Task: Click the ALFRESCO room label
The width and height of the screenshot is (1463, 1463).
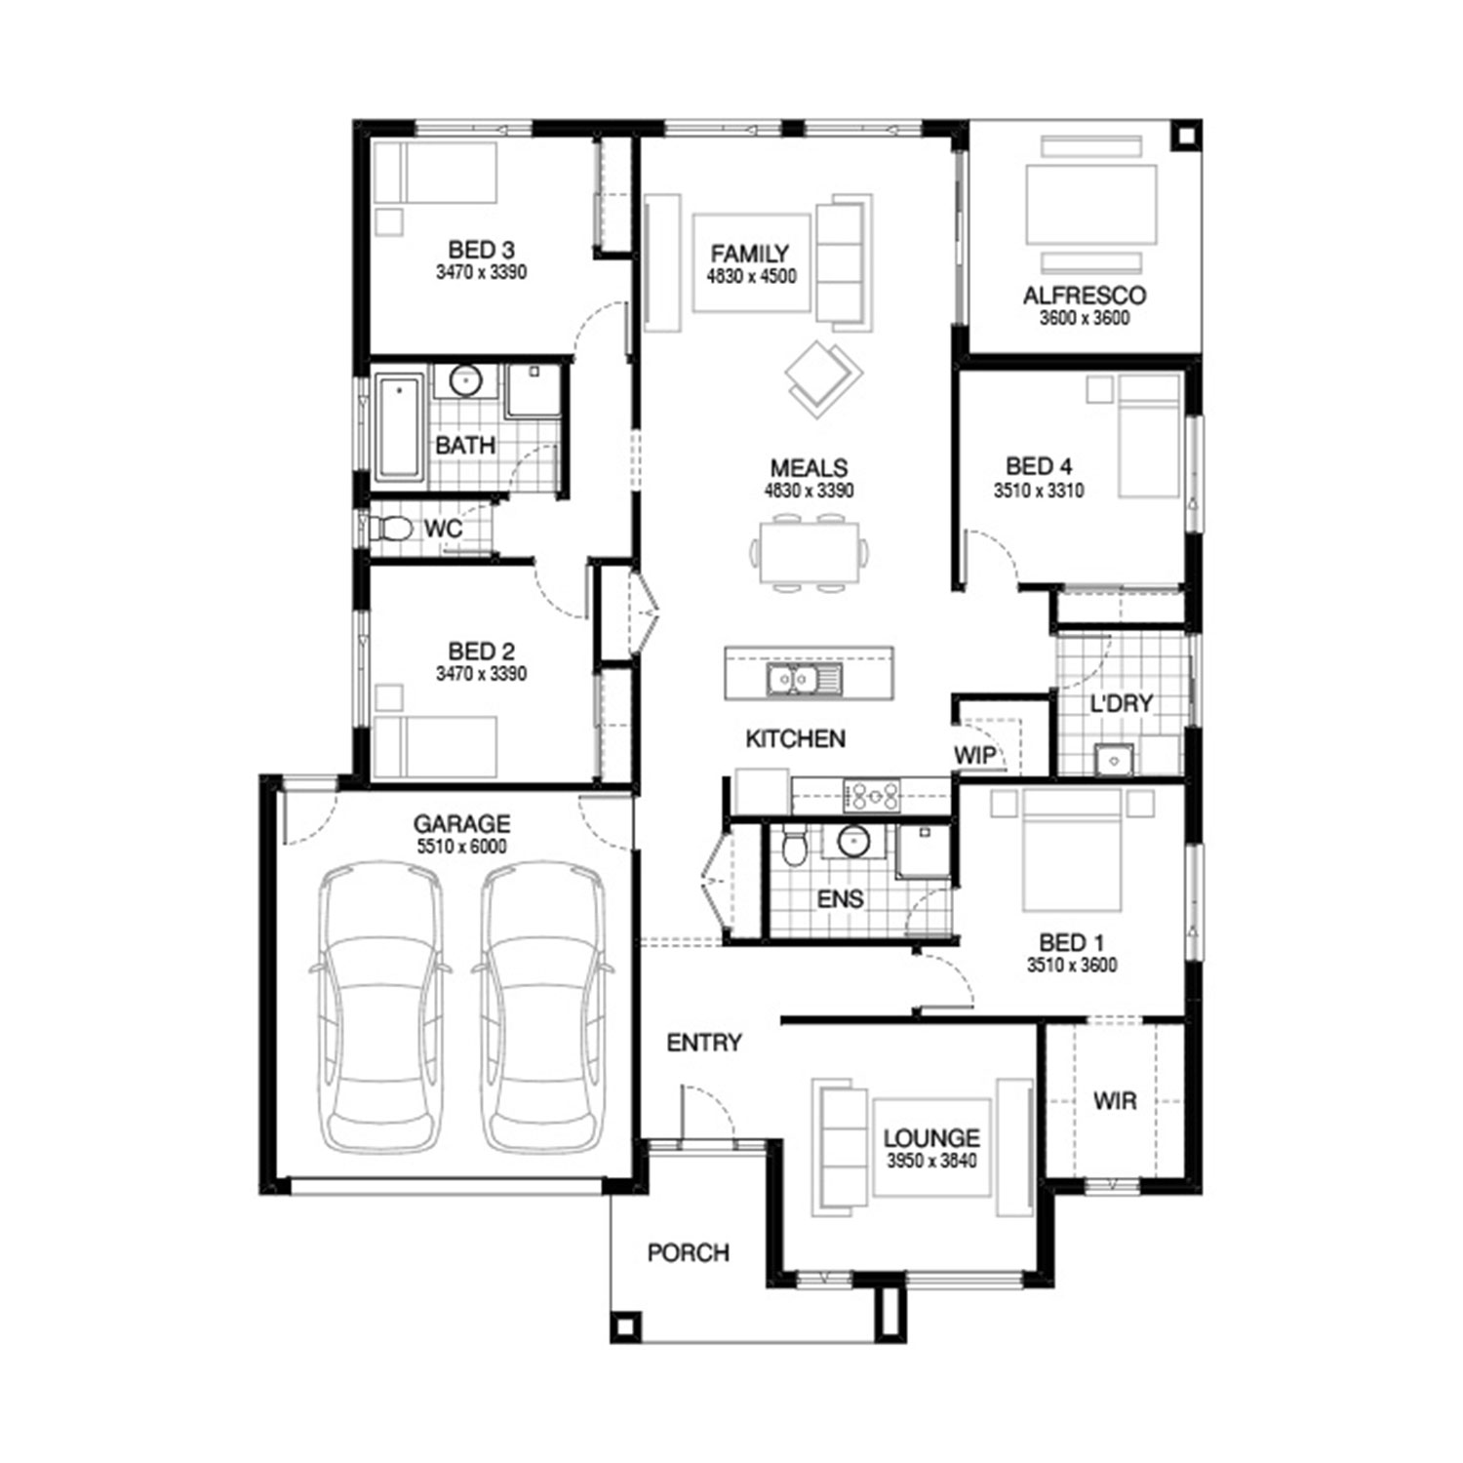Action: point(1084,296)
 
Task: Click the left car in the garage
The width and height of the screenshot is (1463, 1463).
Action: point(381,1008)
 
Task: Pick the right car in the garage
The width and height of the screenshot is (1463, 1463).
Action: point(544,1008)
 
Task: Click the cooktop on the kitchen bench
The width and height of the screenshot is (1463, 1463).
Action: point(872,796)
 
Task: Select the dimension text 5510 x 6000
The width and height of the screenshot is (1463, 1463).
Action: point(461,847)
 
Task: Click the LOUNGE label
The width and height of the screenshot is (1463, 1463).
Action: point(931,1137)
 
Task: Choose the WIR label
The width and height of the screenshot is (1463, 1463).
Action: point(1114,1101)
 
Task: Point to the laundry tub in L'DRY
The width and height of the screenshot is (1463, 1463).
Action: point(1113,759)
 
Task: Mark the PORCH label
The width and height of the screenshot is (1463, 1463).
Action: point(689,1252)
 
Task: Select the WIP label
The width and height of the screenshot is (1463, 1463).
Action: point(974,754)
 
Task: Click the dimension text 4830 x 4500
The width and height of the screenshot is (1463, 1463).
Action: point(751,276)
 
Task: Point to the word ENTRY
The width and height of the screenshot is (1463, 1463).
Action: point(704,1043)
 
